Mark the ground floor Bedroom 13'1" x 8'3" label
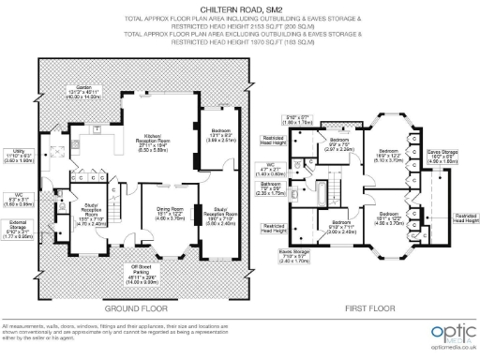218,139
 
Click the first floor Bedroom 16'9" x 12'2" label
391,156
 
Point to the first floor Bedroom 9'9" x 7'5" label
338,143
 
